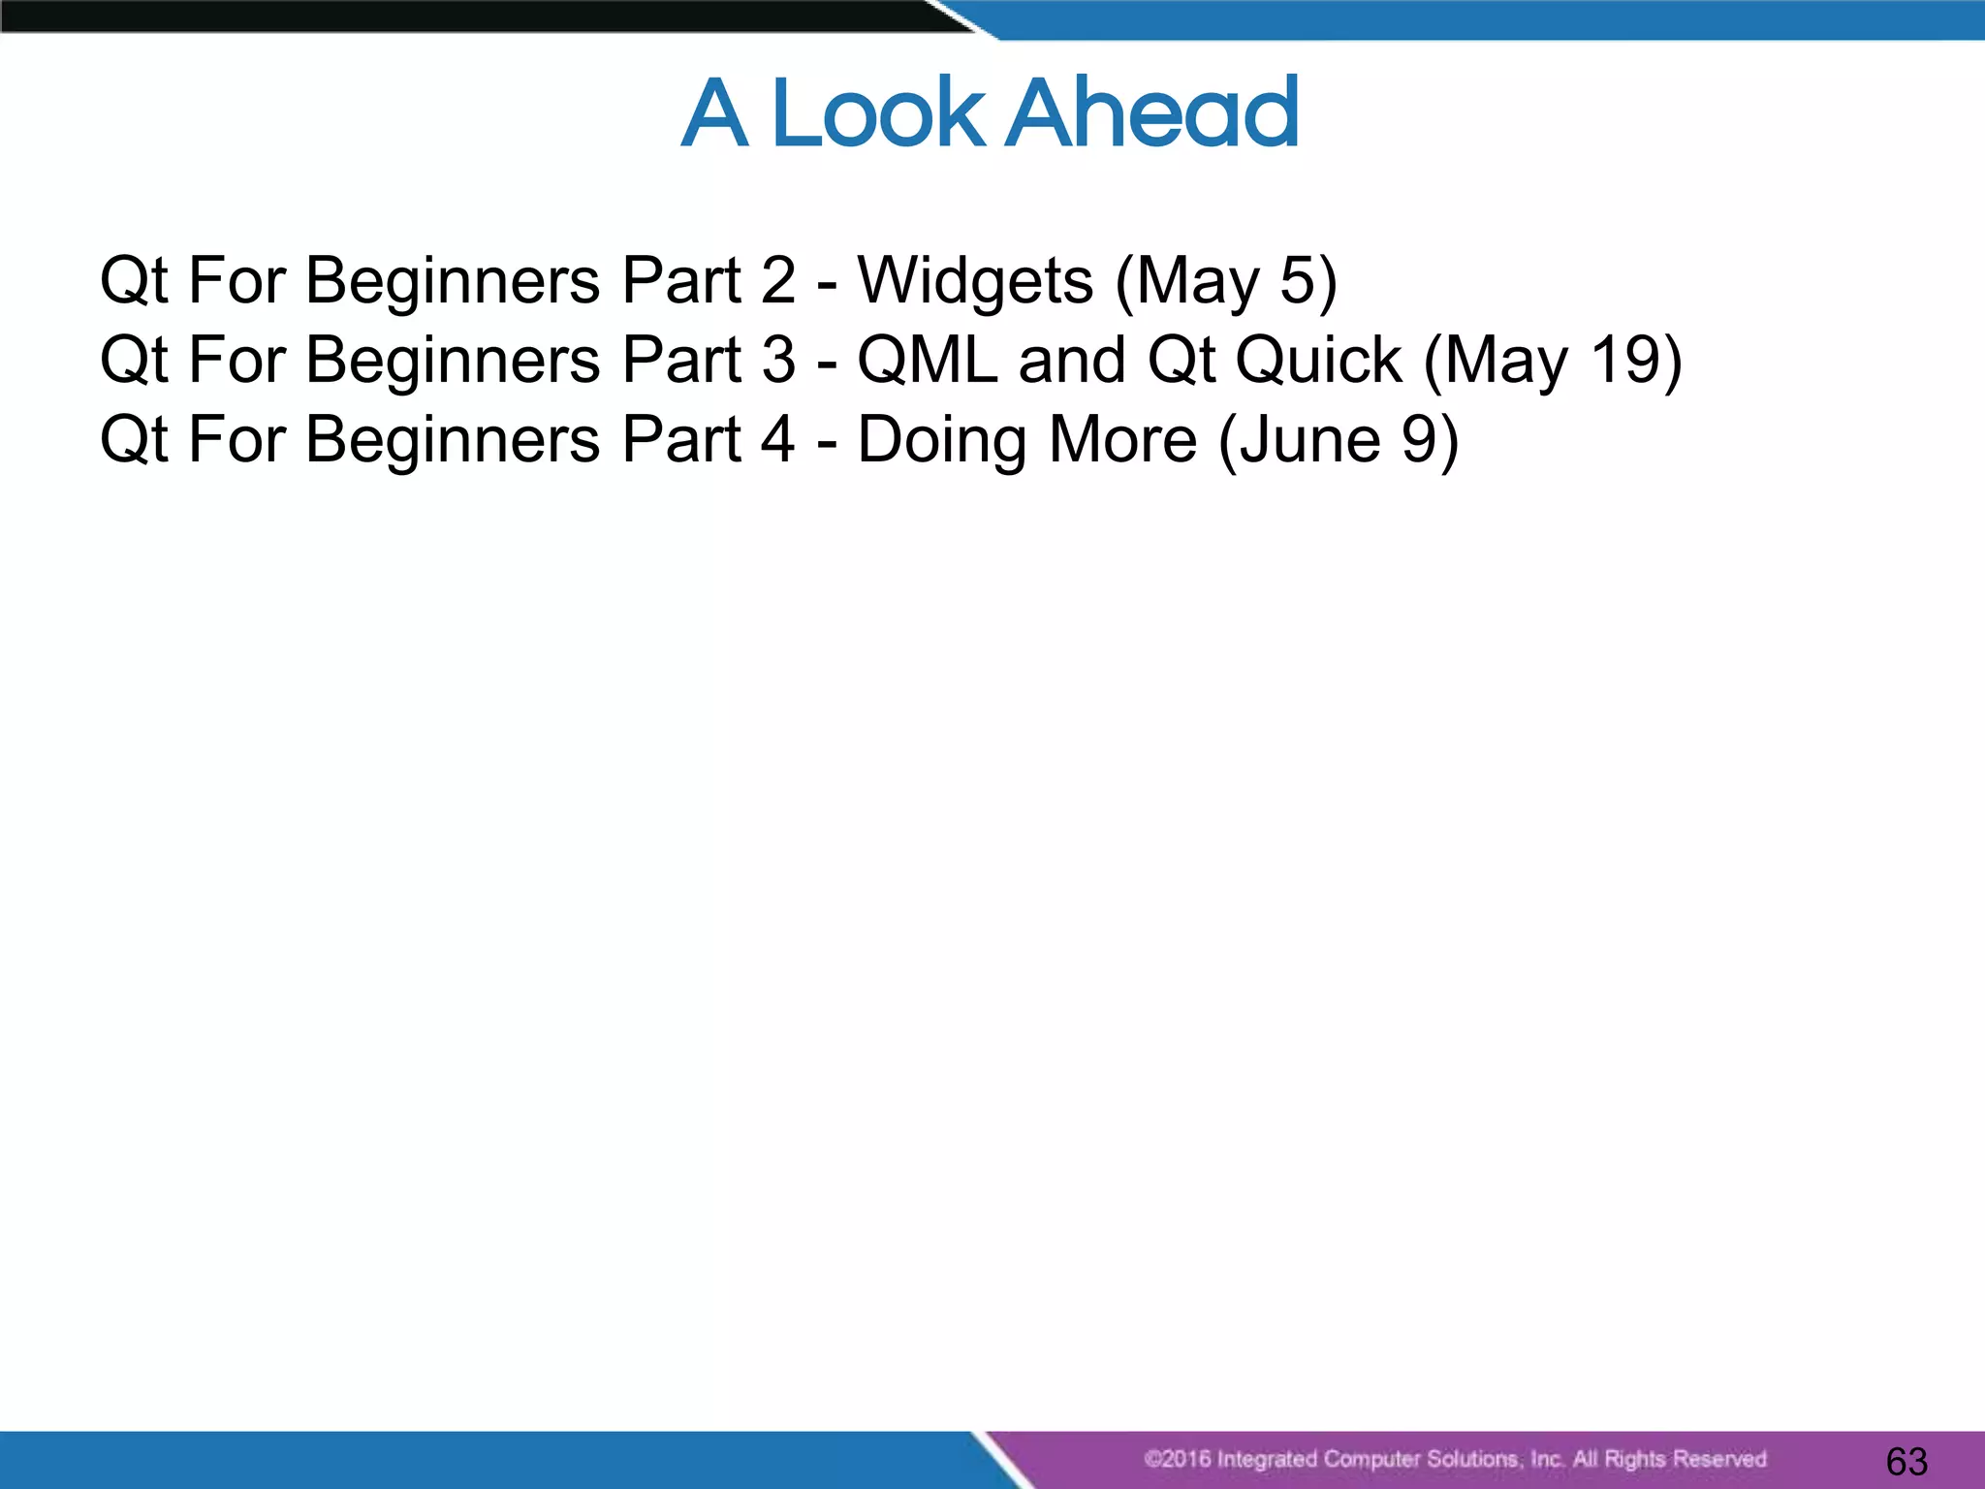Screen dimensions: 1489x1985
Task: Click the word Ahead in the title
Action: coord(1151,113)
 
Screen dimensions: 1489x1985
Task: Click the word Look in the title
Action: coord(877,113)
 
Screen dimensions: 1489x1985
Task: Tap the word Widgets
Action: coord(975,281)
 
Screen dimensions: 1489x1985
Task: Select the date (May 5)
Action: coord(1226,281)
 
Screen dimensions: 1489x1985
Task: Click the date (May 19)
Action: coord(1552,361)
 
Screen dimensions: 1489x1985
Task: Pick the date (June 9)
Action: coord(1338,440)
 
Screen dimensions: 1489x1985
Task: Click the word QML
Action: coord(928,361)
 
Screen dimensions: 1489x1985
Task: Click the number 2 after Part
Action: coord(778,281)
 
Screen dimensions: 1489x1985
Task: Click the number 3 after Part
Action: coord(778,361)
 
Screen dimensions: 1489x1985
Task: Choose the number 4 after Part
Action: coord(778,440)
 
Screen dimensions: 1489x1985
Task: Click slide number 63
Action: coord(1906,1461)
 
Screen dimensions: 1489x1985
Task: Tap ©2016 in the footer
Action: coord(1176,1459)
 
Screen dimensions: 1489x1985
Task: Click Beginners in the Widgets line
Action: coord(453,281)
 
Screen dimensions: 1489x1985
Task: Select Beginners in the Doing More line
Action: coord(453,440)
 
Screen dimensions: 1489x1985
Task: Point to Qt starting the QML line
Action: coord(135,361)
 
